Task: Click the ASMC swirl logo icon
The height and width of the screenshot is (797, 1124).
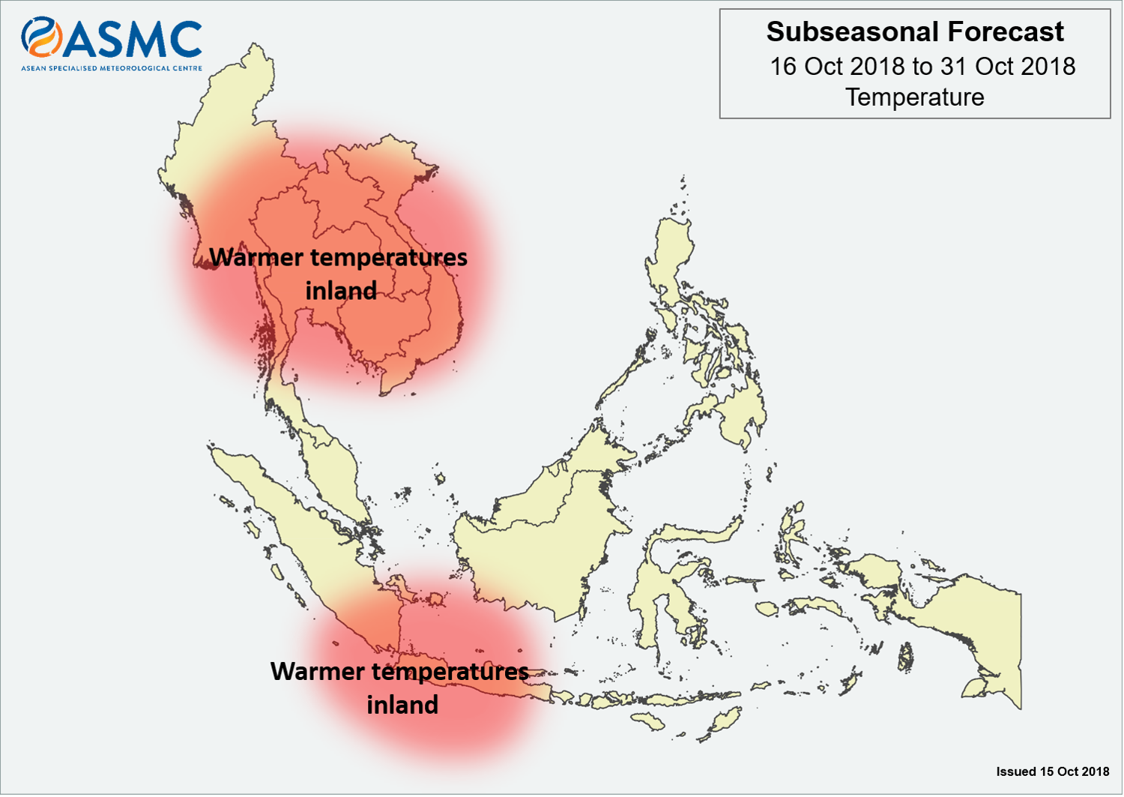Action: coord(42,37)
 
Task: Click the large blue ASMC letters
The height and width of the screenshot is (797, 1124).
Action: coord(133,39)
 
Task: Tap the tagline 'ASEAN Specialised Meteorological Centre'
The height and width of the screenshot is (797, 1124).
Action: coord(112,67)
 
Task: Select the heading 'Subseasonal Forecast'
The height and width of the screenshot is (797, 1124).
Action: coord(915,31)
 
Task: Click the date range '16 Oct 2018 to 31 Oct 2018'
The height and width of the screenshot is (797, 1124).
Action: coord(922,66)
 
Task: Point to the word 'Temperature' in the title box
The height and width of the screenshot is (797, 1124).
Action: coord(915,97)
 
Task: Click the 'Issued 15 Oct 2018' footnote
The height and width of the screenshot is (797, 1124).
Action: coord(1053,772)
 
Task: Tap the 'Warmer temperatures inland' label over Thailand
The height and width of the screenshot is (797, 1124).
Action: coord(339,274)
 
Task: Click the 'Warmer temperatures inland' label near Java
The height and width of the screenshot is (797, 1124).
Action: coord(400,688)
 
